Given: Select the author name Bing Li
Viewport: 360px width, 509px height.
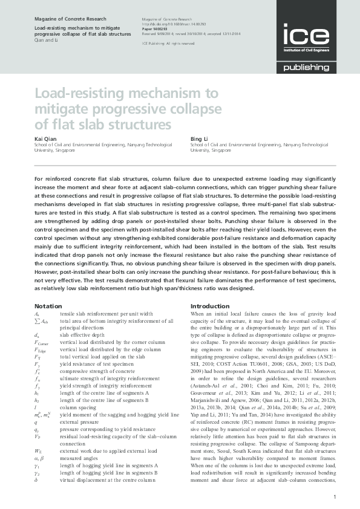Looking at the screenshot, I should (198, 139).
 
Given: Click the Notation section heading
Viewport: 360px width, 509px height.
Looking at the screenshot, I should (48, 306).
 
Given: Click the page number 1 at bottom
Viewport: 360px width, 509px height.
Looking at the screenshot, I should (335, 496).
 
